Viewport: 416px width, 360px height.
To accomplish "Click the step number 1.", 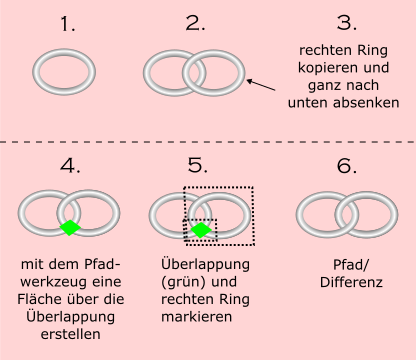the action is click(x=68, y=24).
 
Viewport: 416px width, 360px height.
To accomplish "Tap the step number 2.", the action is click(x=195, y=24).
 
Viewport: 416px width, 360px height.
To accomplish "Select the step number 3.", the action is click(x=347, y=23).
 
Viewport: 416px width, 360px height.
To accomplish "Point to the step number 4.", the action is click(x=70, y=166).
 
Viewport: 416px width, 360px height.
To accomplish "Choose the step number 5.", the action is click(x=198, y=165).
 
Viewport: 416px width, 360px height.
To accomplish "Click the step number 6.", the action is click(x=347, y=166).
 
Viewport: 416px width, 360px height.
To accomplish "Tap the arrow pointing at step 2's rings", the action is click(x=261, y=85).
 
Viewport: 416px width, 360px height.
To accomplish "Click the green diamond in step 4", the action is click(x=70, y=228).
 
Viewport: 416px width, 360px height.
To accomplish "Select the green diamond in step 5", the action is click(x=201, y=230).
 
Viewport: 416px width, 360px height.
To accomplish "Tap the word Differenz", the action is click(x=351, y=282).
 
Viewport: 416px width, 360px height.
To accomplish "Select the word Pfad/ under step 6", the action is click(x=351, y=265).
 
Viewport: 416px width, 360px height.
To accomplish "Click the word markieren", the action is click(x=197, y=317).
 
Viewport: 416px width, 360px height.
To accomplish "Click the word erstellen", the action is click(x=71, y=334).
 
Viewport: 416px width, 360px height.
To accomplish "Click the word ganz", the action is click(x=323, y=86).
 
